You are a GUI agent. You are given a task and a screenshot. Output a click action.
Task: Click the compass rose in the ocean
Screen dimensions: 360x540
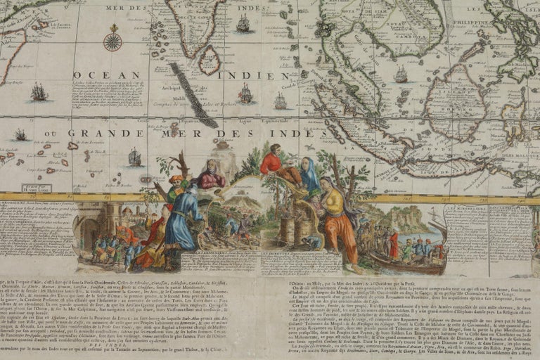pyautogui.click(x=112, y=40)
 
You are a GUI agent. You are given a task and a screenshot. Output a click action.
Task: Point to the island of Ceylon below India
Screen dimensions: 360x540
pyautogui.click(x=208, y=60)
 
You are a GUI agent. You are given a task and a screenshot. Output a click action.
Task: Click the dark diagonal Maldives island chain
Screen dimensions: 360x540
pyautogui.click(x=192, y=94)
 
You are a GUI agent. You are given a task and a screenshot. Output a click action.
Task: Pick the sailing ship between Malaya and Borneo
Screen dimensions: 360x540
pyautogui.click(x=401, y=74)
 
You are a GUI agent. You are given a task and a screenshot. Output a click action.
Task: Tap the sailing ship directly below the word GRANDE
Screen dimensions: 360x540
pyautogui.click(x=134, y=157)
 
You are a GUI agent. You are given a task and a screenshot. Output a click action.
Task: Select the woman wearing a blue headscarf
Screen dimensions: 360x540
pyautogui.click(x=309, y=176)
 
